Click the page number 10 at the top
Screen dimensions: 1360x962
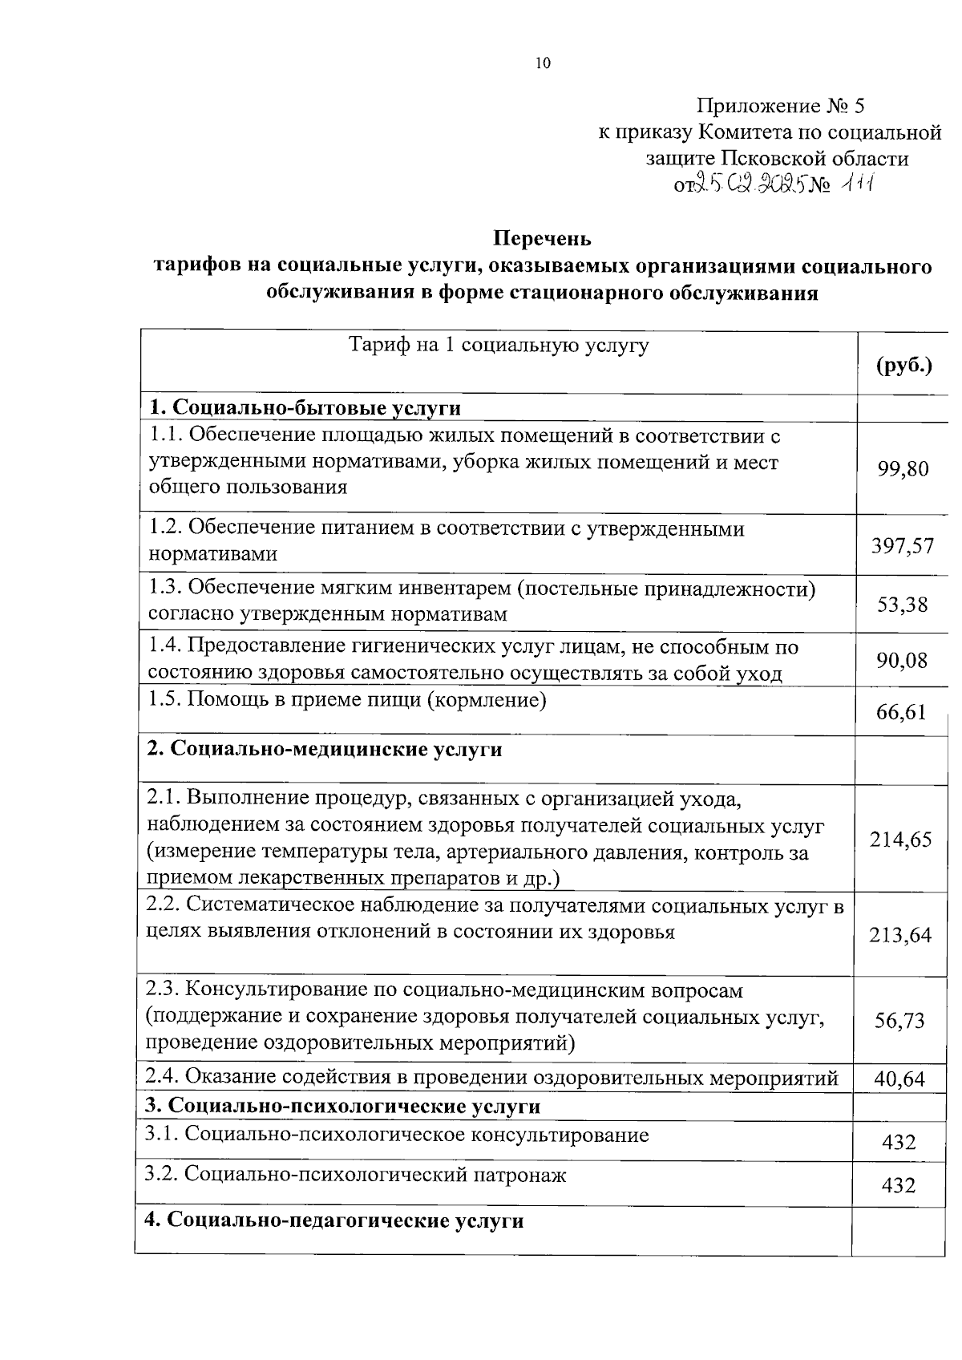pos(543,64)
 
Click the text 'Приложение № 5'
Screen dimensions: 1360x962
pos(781,106)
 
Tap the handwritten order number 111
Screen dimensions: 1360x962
pos(856,184)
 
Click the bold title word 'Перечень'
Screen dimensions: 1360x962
pos(542,238)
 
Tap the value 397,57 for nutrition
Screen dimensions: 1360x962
pos(903,546)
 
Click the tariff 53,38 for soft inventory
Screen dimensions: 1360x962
pos(903,605)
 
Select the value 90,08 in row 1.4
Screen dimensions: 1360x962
pos(903,660)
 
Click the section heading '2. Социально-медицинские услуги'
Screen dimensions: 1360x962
pos(325,749)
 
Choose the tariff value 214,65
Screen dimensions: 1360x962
pos(901,840)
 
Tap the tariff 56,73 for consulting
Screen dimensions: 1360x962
pos(899,1021)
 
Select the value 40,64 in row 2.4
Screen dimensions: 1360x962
pos(899,1079)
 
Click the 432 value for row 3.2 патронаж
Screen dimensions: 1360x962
pos(898,1185)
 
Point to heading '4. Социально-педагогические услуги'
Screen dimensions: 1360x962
pos(334,1221)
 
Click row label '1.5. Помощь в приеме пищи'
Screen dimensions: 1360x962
pos(348,700)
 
